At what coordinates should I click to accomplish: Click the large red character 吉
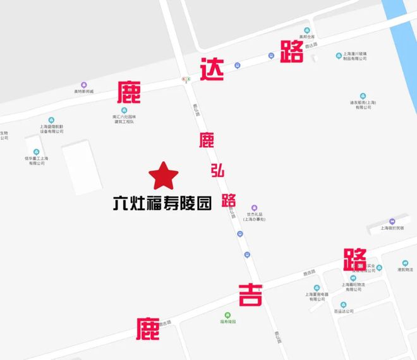(x=251, y=295)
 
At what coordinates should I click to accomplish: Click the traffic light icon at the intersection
(x=186, y=80)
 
